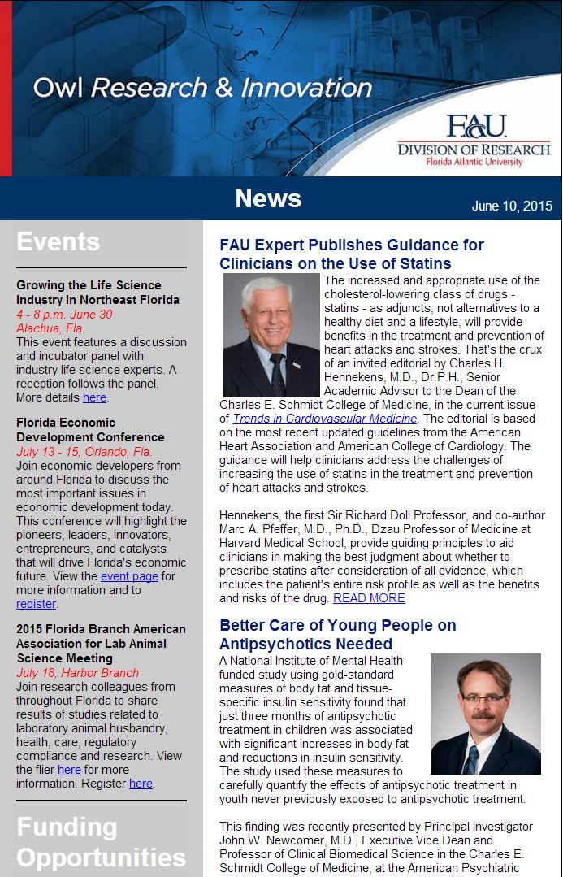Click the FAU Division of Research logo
click(x=473, y=140)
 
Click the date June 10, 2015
click(x=512, y=206)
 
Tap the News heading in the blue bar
click(x=268, y=198)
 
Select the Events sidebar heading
click(x=58, y=241)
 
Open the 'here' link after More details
click(x=94, y=397)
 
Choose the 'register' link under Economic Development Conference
click(x=36, y=604)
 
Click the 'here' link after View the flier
click(x=69, y=769)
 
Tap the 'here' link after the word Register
click(x=141, y=784)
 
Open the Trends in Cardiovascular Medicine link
click(x=325, y=418)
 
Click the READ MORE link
click(x=369, y=597)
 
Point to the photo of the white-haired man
click(x=271, y=335)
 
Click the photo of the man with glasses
click(x=485, y=714)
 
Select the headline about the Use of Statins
click(x=351, y=254)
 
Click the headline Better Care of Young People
click(x=337, y=635)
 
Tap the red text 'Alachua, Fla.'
click(x=50, y=328)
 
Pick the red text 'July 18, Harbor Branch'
click(x=77, y=672)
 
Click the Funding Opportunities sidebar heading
click(x=101, y=842)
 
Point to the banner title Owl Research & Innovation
click(x=202, y=87)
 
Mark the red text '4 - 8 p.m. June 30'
click(x=64, y=315)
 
